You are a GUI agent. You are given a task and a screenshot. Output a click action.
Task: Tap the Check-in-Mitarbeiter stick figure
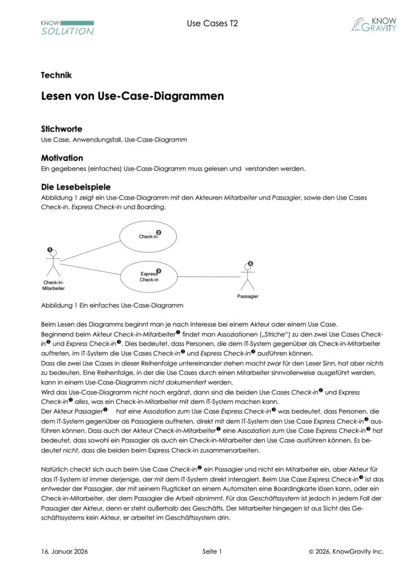[53, 264]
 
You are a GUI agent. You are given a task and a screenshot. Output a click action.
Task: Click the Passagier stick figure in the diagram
[246, 279]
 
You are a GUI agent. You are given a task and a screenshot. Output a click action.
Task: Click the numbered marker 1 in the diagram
[50, 249]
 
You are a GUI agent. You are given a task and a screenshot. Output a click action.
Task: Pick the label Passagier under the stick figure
[248, 296]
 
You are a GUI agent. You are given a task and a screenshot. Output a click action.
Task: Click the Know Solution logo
[67, 27]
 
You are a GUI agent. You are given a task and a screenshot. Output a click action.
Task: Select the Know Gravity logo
[373, 24]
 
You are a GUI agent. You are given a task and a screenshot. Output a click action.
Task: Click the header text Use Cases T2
[204, 23]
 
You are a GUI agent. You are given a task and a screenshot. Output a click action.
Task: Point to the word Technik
[56, 75]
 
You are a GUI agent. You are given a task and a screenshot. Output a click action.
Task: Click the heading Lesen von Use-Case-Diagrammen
[132, 96]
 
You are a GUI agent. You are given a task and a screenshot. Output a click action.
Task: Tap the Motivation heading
[62, 158]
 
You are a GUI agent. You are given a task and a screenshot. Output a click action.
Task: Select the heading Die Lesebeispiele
[76, 187]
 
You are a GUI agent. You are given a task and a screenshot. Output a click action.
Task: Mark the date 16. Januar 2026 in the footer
[64, 551]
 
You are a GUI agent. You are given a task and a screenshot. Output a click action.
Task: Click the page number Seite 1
[212, 551]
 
